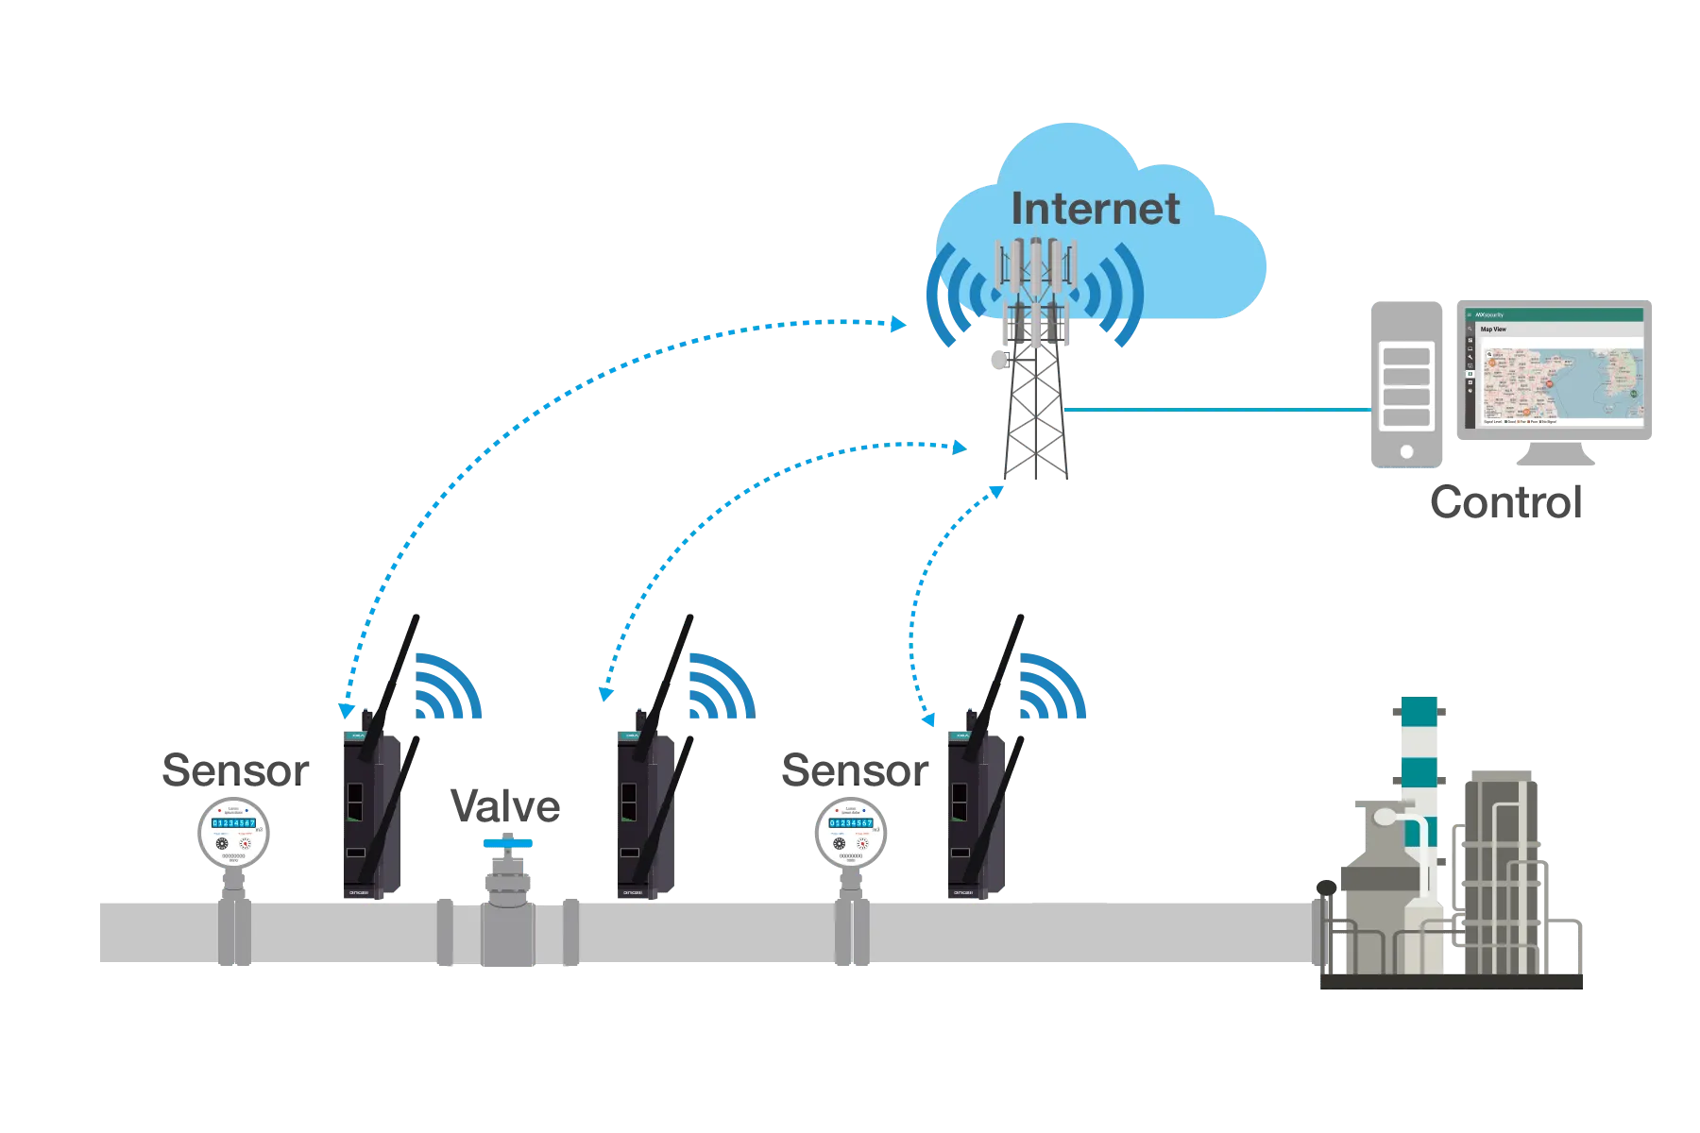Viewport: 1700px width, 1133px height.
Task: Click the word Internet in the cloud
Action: [x=1096, y=209]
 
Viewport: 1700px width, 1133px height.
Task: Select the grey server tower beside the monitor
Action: [x=1406, y=382]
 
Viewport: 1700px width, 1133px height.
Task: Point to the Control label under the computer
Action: [x=1507, y=503]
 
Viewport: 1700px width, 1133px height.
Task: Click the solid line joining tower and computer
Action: [x=1218, y=411]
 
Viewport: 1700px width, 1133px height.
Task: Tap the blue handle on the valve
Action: [x=507, y=843]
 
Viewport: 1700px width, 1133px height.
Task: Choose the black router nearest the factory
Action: [x=975, y=812]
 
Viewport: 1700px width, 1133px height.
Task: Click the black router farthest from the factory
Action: [x=368, y=812]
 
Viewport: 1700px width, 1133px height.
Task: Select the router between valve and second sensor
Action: [x=642, y=812]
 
